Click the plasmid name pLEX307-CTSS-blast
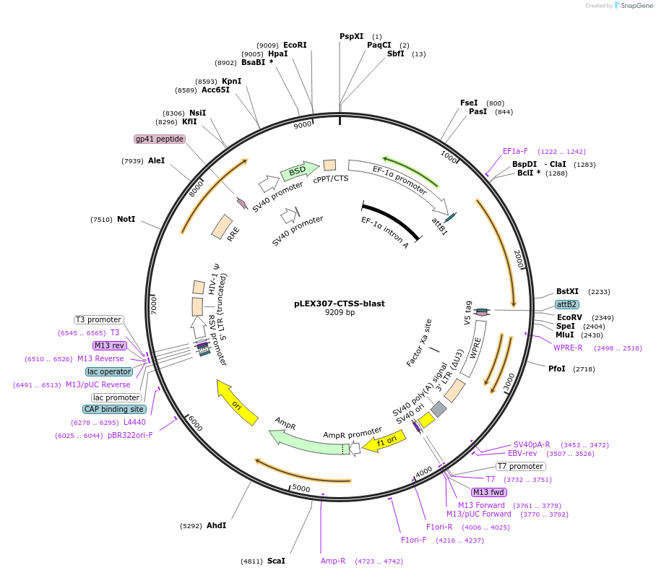(x=340, y=303)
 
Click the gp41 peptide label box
(x=159, y=139)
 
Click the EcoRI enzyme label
(x=295, y=45)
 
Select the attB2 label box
(x=566, y=304)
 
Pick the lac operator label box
(x=109, y=371)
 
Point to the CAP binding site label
(x=114, y=409)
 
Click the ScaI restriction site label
(x=276, y=561)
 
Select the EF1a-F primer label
(x=515, y=151)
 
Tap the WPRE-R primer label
(x=568, y=348)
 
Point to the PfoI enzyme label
(x=557, y=369)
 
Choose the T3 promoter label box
(x=99, y=319)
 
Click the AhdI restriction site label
(x=216, y=525)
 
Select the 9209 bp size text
(x=340, y=313)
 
